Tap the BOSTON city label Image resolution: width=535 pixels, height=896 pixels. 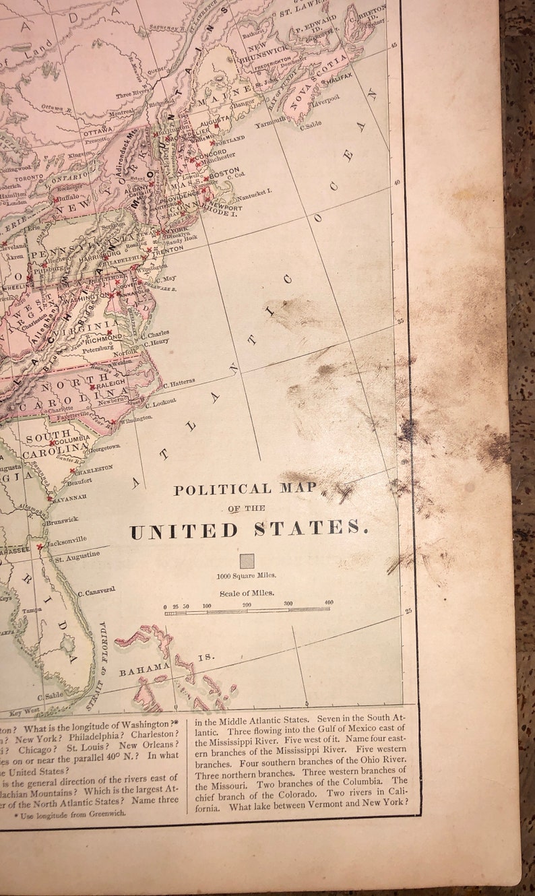click(224, 172)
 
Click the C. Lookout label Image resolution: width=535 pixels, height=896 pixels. click(160, 402)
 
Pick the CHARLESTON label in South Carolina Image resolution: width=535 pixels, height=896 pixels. click(93, 469)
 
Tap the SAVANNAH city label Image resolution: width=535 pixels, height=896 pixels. click(71, 497)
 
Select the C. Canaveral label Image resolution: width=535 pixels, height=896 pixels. click(96, 591)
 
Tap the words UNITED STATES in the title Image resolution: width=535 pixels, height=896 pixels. click(249, 530)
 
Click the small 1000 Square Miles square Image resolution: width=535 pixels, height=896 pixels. click(247, 561)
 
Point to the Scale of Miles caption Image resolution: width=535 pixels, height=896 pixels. click(247, 593)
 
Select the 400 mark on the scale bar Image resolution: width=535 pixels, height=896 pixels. click(329, 602)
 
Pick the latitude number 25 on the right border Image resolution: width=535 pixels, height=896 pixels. click(408, 611)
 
